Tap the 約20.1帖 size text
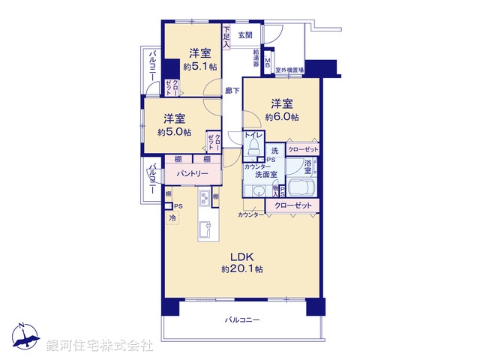point(241,268)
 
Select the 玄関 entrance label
point(245,35)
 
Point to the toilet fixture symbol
point(253,142)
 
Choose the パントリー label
point(193,173)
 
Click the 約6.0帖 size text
point(282,117)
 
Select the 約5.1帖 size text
point(199,66)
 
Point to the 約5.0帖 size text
point(173,132)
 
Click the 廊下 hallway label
point(232,91)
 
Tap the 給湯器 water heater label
point(256,61)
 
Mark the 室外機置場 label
point(289,70)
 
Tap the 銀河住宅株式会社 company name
point(100,346)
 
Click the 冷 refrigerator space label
point(172,218)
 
